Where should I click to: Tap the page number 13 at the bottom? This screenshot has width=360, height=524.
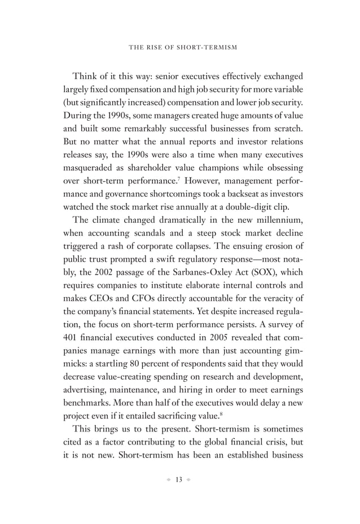click(x=180, y=480)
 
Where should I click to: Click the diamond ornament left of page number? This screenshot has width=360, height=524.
click(x=167, y=480)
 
